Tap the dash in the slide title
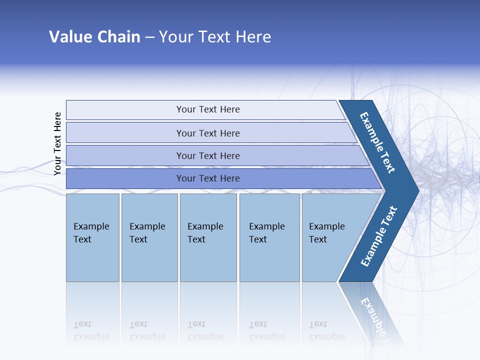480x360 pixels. tap(149, 37)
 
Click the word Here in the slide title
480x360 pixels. tap(253, 37)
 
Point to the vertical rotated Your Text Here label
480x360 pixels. tap(57, 143)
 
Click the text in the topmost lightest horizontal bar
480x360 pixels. tap(208, 109)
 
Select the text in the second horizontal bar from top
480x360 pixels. tap(208, 133)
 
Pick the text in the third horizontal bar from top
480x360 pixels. tap(208, 155)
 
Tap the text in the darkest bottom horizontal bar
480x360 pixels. tap(208, 178)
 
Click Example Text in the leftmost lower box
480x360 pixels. tap(91, 233)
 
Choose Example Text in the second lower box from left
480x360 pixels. tap(147, 233)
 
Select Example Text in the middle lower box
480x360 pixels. tap(205, 233)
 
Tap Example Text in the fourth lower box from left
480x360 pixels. tap(266, 233)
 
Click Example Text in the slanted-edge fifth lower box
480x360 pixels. tap(326, 233)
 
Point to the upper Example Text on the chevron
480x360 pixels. tap(377, 142)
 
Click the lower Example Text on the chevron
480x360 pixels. tap(379, 236)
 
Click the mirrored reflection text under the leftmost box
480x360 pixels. tap(91, 331)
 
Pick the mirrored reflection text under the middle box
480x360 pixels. tap(205, 331)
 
